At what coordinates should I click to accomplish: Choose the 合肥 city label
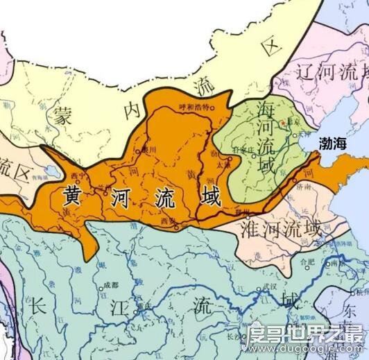click(x=304, y=263)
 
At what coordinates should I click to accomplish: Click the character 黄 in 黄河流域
click(x=73, y=196)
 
